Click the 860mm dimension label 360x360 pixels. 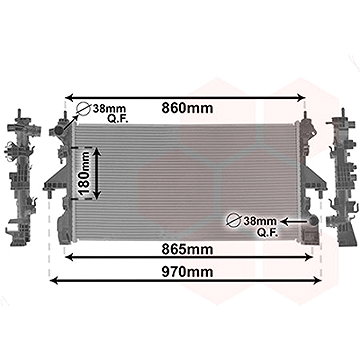(x=187, y=108)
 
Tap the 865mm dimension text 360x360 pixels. (x=187, y=249)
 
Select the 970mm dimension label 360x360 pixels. (x=187, y=272)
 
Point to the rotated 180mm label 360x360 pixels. (x=84, y=173)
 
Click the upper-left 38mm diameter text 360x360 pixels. (x=110, y=108)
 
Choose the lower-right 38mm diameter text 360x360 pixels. (x=260, y=221)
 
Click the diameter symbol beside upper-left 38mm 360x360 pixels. (x=83, y=109)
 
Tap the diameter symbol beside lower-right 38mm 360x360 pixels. (x=234, y=221)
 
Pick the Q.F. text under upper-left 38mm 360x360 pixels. (x=118, y=119)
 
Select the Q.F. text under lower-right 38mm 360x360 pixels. (x=267, y=232)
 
